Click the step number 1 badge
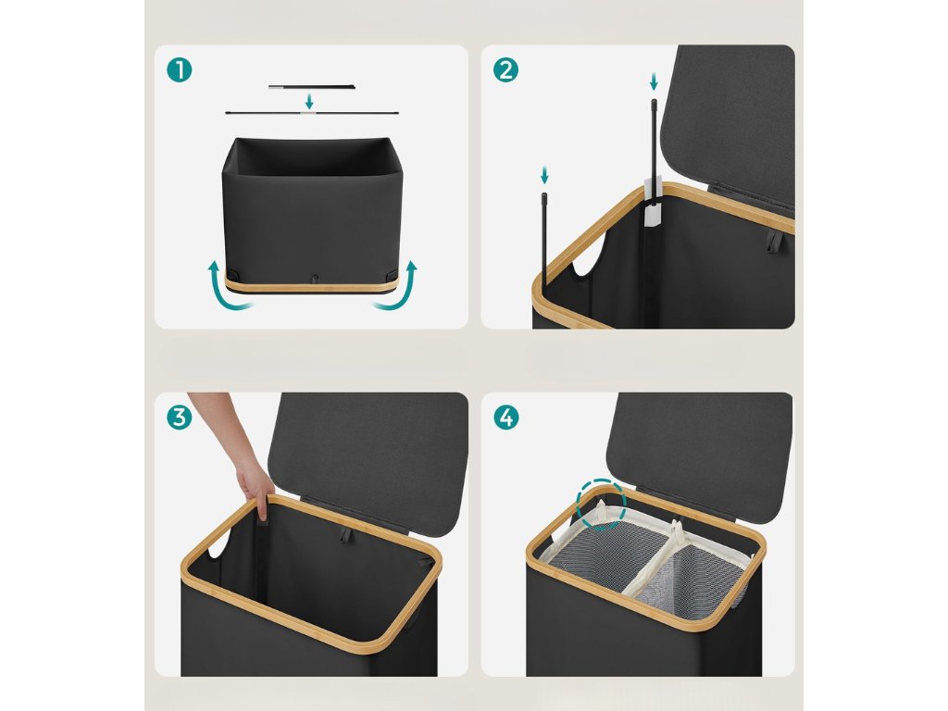tap(179, 70)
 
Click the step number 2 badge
tap(505, 70)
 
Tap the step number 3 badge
tap(179, 418)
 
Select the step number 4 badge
tap(506, 418)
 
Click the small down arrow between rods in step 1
tap(309, 101)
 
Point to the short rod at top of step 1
tap(311, 87)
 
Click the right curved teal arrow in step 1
tap(398, 286)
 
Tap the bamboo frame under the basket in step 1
tap(311, 284)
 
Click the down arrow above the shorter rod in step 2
tap(544, 176)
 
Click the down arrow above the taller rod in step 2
tap(653, 81)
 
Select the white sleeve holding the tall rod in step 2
tap(653, 206)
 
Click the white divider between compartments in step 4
tap(656, 555)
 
